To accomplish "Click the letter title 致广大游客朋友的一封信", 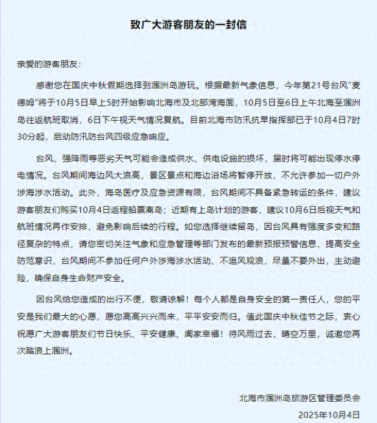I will [x=188, y=25].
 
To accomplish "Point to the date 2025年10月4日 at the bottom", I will [x=328, y=415].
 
